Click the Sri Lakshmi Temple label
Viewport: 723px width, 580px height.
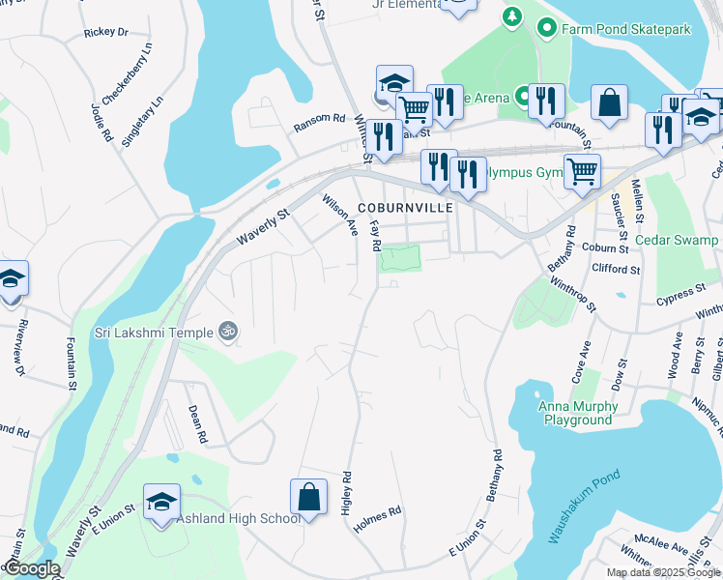(x=153, y=333)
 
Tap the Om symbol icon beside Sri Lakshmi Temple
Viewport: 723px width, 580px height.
(x=228, y=332)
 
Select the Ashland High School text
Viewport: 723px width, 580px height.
(x=239, y=519)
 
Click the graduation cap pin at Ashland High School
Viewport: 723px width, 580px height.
(x=161, y=502)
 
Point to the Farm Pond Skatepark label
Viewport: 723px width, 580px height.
(x=626, y=29)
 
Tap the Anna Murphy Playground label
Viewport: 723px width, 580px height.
(x=576, y=413)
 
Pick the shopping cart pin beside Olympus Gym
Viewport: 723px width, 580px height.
(x=582, y=172)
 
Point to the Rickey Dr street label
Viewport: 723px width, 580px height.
(x=106, y=32)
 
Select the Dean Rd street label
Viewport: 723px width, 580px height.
(x=197, y=423)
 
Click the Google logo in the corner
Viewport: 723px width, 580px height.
(x=31, y=569)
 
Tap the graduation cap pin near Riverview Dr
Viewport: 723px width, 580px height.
(x=11, y=278)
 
